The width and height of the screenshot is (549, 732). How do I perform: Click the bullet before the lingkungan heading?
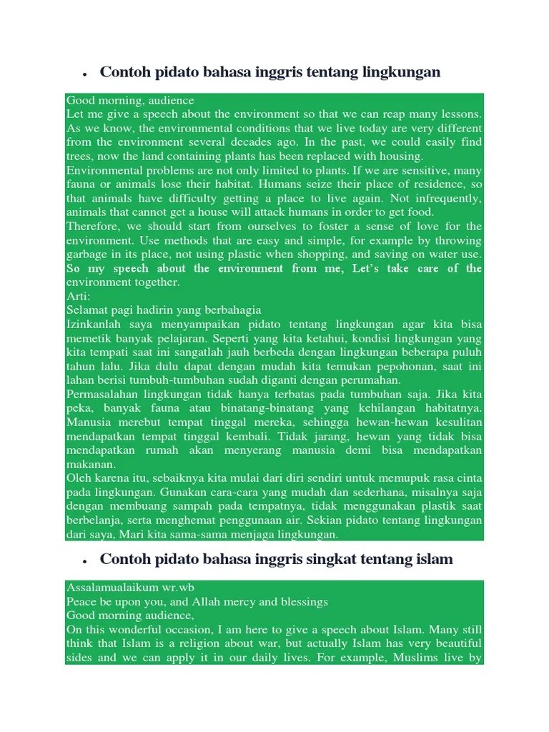pyautogui.click(x=84, y=74)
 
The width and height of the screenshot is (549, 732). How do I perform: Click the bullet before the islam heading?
pyautogui.click(x=84, y=560)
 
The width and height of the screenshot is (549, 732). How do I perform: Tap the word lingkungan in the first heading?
pyautogui.click(x=402, y=72)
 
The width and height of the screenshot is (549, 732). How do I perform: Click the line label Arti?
pyautogui.click(x=79, y=296)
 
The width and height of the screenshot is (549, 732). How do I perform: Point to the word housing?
pyautogui.click(x=401, y=156)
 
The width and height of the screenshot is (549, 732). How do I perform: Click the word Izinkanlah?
pyautogui.click(x=93, y=324)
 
